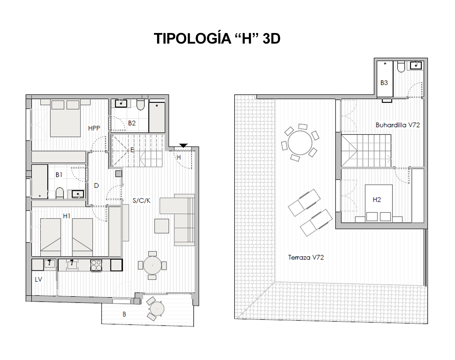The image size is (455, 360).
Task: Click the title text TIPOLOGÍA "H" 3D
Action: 217,39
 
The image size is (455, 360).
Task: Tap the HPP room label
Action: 94,128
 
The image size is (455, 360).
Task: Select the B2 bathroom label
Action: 132,123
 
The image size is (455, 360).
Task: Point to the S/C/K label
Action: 141,201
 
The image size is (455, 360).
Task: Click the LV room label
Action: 38,279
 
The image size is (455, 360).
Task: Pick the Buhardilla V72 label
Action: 398,125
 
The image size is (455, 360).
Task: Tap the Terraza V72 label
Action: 306,257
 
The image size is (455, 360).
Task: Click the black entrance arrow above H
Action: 183,145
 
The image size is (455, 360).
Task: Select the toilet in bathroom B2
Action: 141,105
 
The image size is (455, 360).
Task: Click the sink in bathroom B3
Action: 416,65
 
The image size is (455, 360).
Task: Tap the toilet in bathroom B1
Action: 60,193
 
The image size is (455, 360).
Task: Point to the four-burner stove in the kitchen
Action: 96,265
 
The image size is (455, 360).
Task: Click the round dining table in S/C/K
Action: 152,265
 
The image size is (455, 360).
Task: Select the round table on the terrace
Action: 300,143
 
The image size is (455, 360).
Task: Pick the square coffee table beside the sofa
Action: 162,226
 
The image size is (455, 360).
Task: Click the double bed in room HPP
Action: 65,118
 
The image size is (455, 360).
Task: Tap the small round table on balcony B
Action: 157,309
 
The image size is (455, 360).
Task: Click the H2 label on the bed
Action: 377,200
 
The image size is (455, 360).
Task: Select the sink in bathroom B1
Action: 78,194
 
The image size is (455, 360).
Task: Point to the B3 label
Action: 384,83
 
